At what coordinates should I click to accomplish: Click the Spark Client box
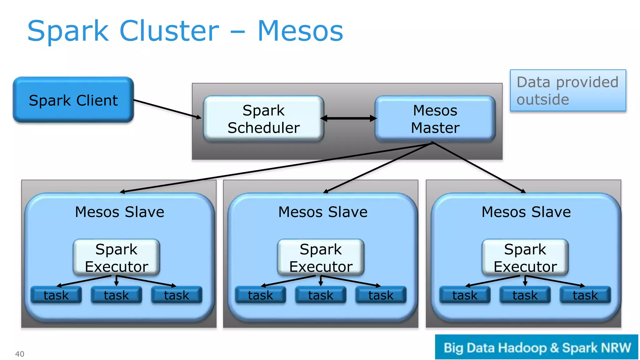tap(73, 100)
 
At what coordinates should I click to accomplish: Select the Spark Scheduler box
tap(263, 119)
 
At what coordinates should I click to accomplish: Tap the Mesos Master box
tap(435, 119)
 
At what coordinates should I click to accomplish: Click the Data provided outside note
tap(568, 91)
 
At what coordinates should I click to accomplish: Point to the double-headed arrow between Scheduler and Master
tap(349, 118)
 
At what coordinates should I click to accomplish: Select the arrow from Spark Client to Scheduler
tap(167, 109)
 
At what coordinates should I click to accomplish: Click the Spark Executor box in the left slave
tap(116, 257)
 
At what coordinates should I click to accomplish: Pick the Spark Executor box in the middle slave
tap(321, 257)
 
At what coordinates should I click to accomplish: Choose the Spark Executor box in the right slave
tap(525, 257)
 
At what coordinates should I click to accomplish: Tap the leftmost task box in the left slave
tap(56, 295)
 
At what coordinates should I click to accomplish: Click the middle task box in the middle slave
tap(321, 295)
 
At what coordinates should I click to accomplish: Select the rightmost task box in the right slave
tap(585, 295)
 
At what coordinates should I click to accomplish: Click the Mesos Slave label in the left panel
tap(119, 212)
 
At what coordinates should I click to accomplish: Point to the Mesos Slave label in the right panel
tap(526, 212)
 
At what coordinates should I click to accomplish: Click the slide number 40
tap(20, 354)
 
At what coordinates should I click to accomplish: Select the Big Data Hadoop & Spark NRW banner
tap(537, 347)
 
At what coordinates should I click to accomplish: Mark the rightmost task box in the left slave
tap(177, 295)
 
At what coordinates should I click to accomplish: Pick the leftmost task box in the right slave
tap(465, 295)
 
